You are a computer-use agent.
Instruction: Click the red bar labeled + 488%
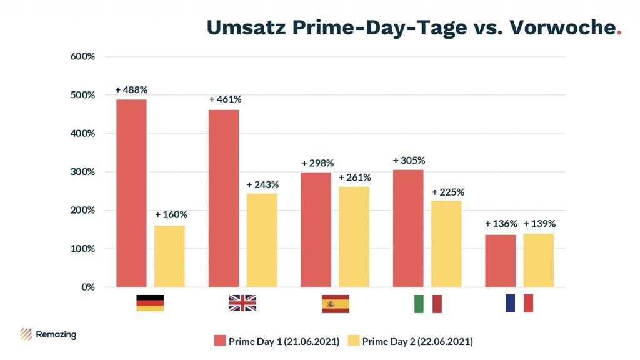click(131, 193)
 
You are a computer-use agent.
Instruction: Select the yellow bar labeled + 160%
click(169, 256)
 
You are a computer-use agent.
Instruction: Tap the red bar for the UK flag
click(223, 198)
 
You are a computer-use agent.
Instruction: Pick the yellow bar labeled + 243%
click(262, 240)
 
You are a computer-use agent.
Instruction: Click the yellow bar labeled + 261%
click(354, 237)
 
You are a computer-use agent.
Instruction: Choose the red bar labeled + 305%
click(408, 228)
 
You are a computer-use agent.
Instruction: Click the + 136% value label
click(501, 224)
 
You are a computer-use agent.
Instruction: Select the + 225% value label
click(447, 192)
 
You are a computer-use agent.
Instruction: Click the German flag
click(150, 303)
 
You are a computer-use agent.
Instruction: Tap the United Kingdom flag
click(242, 303)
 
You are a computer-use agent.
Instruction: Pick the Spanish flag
click(336, 303)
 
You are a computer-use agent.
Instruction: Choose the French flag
click(519, 303)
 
